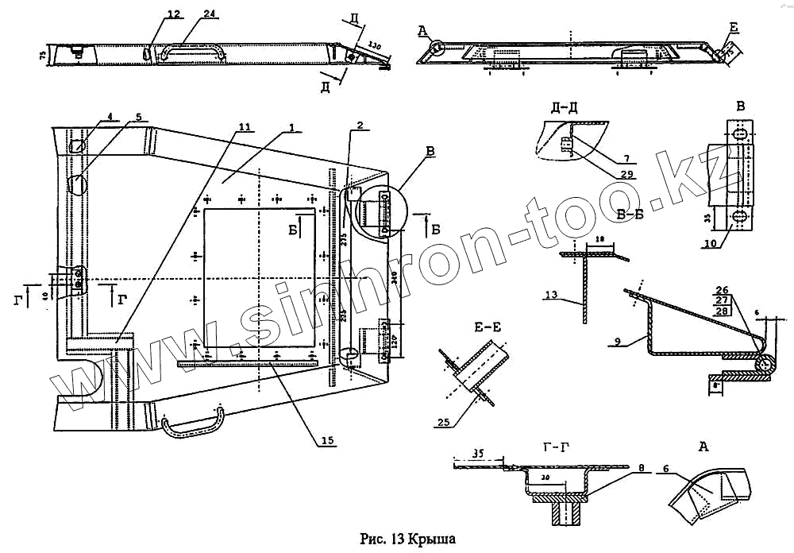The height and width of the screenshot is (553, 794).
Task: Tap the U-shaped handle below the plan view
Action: (x=195, y=420)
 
